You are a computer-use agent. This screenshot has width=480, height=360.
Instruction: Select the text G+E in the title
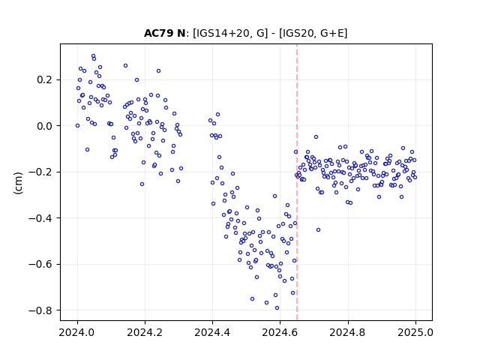click(x=332, y=33)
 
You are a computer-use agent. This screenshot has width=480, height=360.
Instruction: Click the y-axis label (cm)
click(x=18, y=183)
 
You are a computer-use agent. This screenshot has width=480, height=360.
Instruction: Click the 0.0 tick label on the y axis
click(x=45, y=126)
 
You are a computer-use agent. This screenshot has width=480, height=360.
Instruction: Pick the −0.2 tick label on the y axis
click(x=40, y=172)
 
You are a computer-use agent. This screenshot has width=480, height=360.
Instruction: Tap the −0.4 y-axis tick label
click(x=40, y=218)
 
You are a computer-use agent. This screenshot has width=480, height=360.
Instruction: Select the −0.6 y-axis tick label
click(x=40, y=264)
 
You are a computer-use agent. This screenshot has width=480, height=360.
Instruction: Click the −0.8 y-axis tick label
click(x=40, y=310)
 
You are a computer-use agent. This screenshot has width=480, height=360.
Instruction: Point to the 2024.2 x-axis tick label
click(x=145, y=332)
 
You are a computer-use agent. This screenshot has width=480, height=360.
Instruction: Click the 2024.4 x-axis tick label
click(x=212, y=332)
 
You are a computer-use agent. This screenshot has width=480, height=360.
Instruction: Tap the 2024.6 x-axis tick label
click(x=280, y=332)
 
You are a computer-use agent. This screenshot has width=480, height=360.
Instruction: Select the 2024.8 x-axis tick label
click(x=348, y=332)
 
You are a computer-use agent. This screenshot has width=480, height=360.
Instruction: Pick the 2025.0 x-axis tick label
click(x=415, y=332)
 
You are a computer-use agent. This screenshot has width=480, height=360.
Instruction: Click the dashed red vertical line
click(x=297, y=182)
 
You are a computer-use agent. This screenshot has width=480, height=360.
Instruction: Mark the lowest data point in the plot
click(x=277, y=308)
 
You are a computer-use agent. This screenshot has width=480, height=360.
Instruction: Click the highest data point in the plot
click(x=93, y=56)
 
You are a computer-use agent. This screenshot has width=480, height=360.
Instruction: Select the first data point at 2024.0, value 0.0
click(x=77, y=125)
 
